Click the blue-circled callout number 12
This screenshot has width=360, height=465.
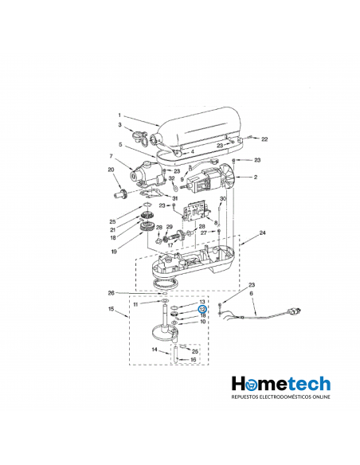tap(202, 309)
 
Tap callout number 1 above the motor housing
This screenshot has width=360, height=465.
tap(119, 115)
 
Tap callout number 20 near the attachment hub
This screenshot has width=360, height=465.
tap(111, 169)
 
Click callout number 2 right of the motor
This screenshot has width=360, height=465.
tap(255, 177)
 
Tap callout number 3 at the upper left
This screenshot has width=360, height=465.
tap(120, 125)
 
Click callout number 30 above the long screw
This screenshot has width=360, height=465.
tap(224, 198)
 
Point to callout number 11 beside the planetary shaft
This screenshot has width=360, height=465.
tap(136, 304)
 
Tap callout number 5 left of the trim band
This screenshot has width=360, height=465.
tap(120, 144)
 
